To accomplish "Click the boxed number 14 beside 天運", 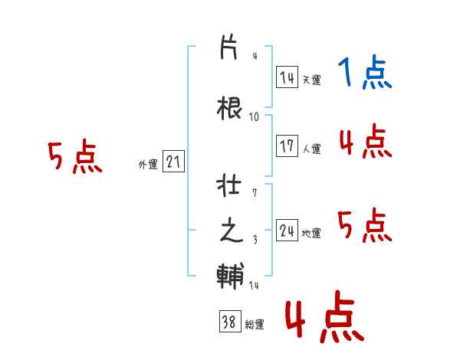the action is pos(287,77).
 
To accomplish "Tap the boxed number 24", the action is pos(287,231).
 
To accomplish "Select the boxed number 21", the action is pos(173,162).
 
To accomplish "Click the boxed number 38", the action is pos(229,322).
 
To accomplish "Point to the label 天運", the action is pos(311,80).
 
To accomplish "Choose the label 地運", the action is pos(311,234).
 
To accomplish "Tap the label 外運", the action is pos(148,164).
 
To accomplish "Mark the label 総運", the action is pos(254,325).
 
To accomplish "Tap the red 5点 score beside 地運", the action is pos(364,225).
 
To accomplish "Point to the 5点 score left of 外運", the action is pos(74,158).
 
